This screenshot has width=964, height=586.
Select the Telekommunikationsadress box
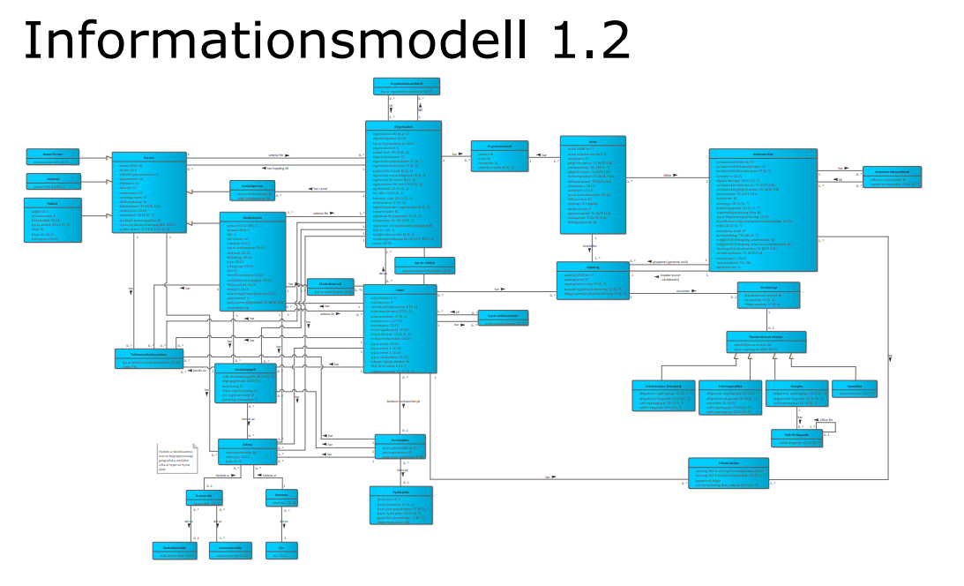150,357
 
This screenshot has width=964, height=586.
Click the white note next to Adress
176,460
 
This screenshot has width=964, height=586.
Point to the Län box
281,550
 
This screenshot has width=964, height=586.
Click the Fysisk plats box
400,507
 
